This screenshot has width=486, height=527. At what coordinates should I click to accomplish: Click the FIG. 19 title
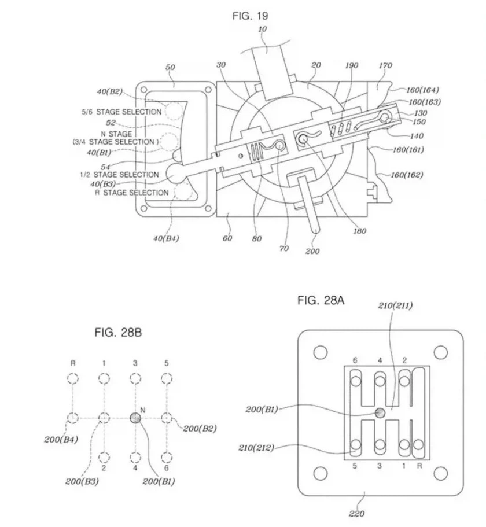click(x=251, y=16)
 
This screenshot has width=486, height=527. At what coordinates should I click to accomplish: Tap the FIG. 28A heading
click(x=321, y=300)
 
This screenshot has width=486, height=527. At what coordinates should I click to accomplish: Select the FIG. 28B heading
click(x=118, y=333)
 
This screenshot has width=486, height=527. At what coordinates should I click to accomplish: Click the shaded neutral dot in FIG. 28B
click(x=135, y=418)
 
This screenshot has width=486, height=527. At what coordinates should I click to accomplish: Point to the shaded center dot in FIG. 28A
click(x=380, y=412)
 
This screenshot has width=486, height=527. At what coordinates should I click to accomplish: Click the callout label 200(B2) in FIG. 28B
click(x=200, y=429)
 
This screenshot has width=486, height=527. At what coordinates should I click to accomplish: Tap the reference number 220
click(x=356, y=513)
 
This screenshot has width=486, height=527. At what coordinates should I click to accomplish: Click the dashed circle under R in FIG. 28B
click(x=72, y=379)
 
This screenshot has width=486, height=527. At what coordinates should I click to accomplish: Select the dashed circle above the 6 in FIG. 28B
click(x=167, y=458)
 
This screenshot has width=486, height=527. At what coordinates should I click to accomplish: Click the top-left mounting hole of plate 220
click(x=321, y=352)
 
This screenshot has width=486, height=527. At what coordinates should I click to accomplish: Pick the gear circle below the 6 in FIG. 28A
click(x=356, y=381)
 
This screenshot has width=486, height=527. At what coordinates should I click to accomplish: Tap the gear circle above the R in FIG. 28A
click(x=418, y=445)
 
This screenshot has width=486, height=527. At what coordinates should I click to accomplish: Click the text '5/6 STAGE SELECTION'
click(x=122, y=112)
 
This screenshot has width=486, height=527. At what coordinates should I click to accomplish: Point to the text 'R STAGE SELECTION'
click(x=132, y=193)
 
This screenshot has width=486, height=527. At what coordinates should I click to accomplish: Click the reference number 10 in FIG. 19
click(x=263, y=30)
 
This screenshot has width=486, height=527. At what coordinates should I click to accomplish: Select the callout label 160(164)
click(x=422, y=90)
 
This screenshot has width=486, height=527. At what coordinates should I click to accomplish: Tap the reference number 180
click(x=359, y=231)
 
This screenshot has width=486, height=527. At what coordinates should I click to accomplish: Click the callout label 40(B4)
click(x=166, y=239)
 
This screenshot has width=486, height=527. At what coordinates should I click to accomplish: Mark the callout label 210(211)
click(x=395, y=305)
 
